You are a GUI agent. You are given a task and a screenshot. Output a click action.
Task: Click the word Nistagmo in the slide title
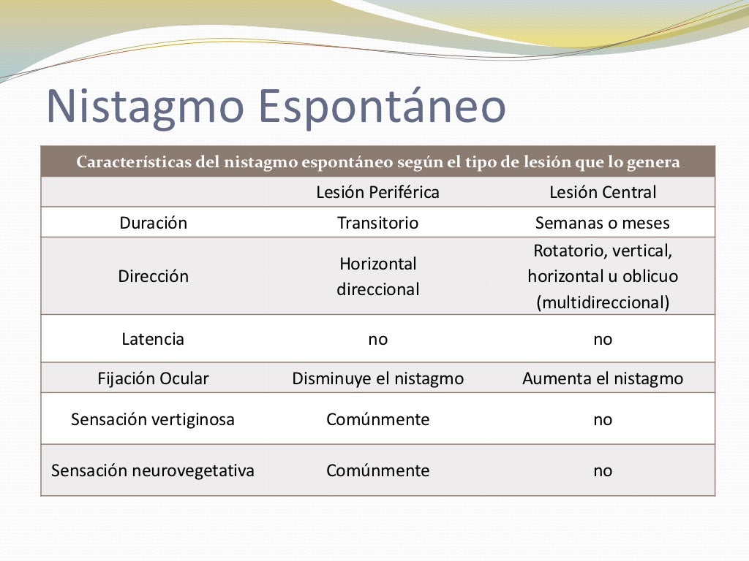[143, 107]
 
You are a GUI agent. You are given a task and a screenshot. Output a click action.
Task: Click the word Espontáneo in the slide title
[383, 107]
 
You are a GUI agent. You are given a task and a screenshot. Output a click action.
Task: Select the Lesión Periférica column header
[377, 192]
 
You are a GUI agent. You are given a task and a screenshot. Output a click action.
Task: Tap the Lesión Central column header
[603, 192]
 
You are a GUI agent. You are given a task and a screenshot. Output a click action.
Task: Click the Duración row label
[153, 223]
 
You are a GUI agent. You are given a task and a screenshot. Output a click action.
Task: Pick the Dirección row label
[153, 276]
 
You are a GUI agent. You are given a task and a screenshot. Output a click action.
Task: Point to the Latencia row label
[153, 339]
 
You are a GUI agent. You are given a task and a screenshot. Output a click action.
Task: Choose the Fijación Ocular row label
[153, 378]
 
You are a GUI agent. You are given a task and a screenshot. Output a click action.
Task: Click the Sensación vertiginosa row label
[153, 419]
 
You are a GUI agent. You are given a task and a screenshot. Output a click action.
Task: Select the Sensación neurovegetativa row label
[153, 470]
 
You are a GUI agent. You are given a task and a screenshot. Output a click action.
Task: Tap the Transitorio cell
[377, 223]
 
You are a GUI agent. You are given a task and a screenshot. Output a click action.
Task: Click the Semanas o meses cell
[603, 223]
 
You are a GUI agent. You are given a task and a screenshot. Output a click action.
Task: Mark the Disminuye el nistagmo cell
[377, 378]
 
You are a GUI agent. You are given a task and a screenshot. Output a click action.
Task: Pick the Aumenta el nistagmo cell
[603, 378]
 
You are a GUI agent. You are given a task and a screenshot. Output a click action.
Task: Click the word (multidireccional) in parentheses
[603, 302]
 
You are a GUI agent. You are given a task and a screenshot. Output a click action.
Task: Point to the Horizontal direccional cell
[377, 276]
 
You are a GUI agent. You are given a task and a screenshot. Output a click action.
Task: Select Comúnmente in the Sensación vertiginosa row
[377, 419]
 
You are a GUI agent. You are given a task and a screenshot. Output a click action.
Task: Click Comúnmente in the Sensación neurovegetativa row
[377, 470]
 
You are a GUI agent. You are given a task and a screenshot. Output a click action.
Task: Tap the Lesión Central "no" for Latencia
[603, 339]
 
